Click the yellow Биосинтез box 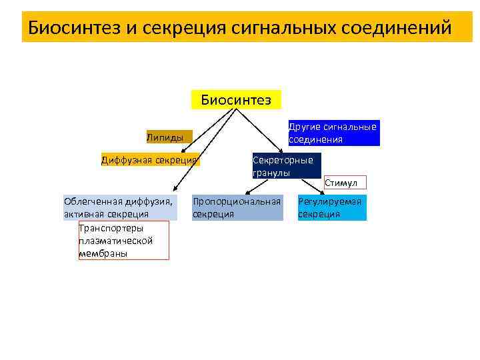pyautogui.click(x=236, y=100)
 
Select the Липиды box pyautogui.click(x=169, y=137)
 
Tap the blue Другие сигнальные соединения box pyautogui.click(x=333, y=133)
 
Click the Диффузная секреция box pyautogui.click(x=149, y=159)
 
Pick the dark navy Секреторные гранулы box pyautogui.click(x=286, y=166)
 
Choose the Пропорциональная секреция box pyautogui.click(x=237, y=207)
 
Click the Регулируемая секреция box pyautogui.click(x=331, y=207)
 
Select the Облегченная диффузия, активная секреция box pyautogui.click(x=120, y=207)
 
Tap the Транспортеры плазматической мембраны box pyautogui.click(x=123, y=240)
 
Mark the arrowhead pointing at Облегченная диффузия pyautogui.click(x=175, y=191)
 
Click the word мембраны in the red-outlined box pyautogui.click(x=103, y=254)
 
